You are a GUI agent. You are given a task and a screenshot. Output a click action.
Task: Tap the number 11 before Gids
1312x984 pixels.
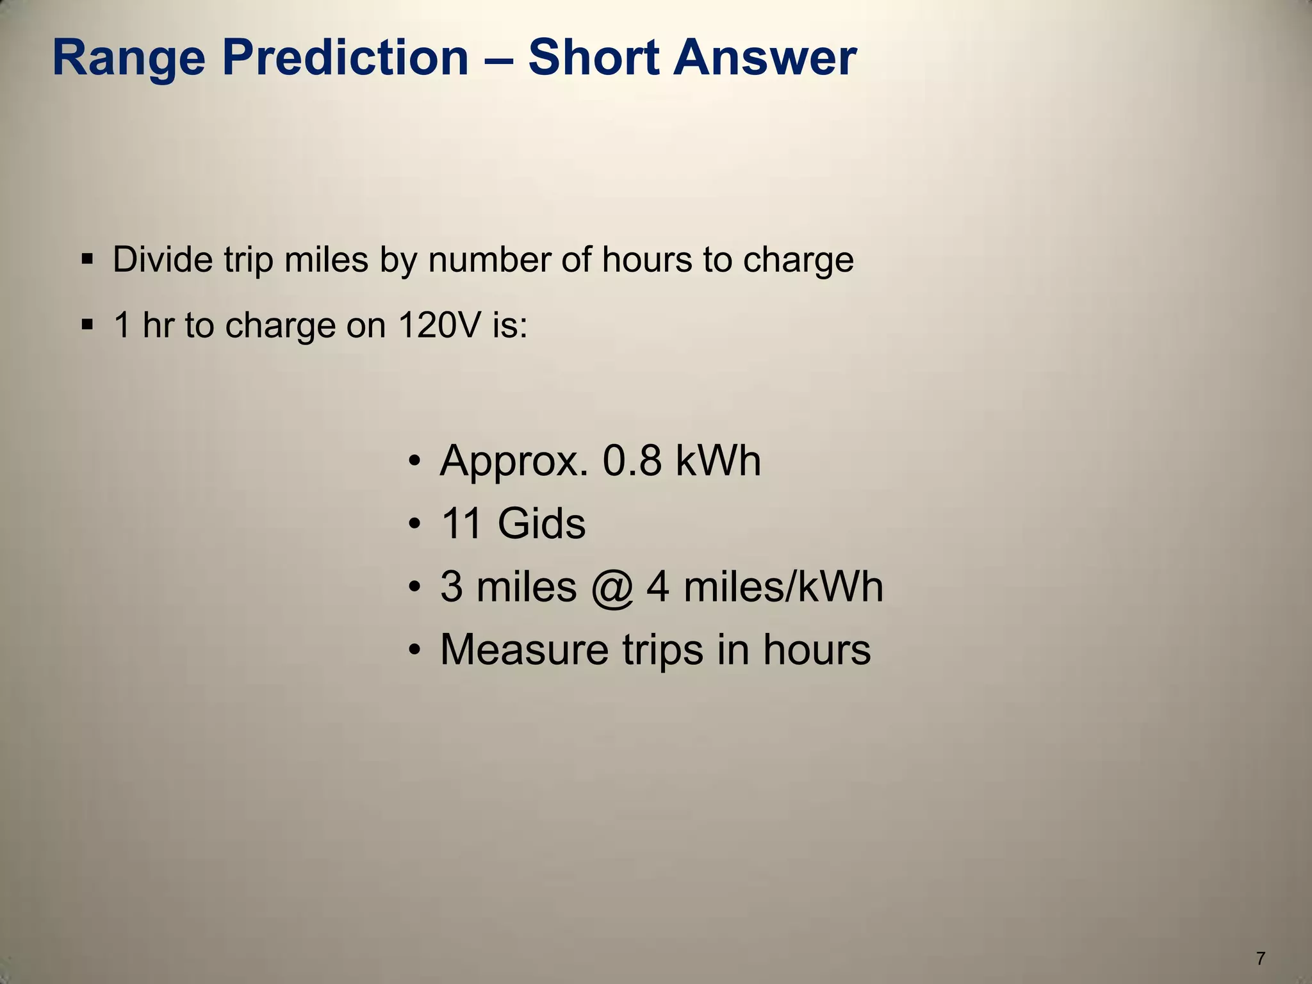pyautogui.click(x=461, y=523)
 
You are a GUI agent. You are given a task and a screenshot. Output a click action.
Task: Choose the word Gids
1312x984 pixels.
pyautogui.click(x=541, y=523)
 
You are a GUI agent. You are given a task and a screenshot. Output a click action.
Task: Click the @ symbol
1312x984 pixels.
pyautogui.click(x=612, y=587)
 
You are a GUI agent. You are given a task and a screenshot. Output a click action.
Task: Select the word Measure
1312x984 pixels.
pyautogui.click(x=524, y=649)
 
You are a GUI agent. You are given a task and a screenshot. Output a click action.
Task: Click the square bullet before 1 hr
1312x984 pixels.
pyautogui.click(x=88, y=325)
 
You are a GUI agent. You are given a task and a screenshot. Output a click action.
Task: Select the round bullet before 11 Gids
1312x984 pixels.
pyautogui.click(x=414, y=525)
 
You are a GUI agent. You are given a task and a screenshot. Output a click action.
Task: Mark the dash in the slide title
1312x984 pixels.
pyautogui.click(x=498, y=59)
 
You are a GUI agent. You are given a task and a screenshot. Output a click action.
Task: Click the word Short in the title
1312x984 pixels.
pyautogui.click(x=593, y=58)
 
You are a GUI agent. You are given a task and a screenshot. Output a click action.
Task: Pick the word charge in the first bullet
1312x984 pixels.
pyautogui.click(x=798, y=261)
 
